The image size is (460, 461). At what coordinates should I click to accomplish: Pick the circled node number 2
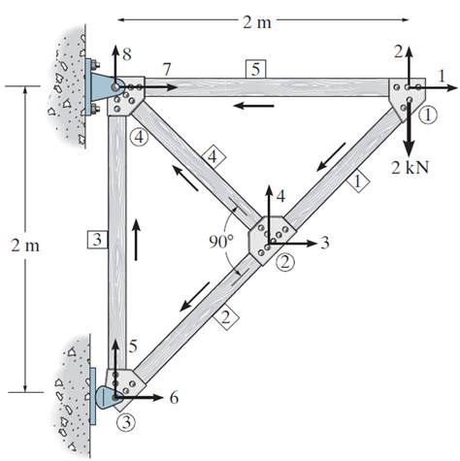tap(284, 260)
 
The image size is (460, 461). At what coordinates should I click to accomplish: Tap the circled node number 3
tap(125, 422)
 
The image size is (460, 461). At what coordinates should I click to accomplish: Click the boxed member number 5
tap(254, 68)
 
